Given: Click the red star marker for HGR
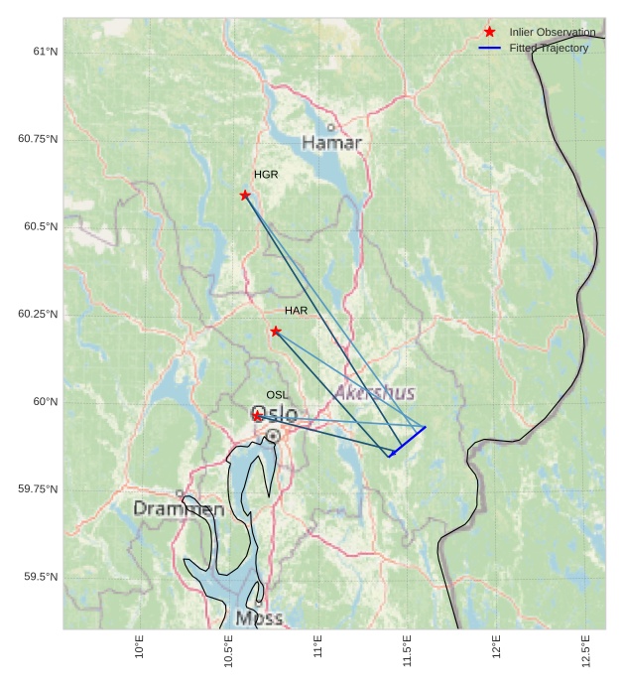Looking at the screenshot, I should tap(245, 195).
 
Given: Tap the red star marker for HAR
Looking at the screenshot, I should tap(276, 331).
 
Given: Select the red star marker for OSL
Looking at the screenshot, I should tap(258, 416).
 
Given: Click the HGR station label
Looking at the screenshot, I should tap(266, 175).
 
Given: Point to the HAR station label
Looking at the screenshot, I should tap(296, 311).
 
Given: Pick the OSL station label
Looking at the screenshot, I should tap(277, 395).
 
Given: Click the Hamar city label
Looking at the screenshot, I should tap(331, 143).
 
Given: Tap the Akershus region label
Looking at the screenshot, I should tap(375, 393).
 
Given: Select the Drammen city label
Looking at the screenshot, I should tap(179, 509).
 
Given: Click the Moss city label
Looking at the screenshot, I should tap(259, 618).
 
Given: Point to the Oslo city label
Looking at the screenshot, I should tap(274, 414).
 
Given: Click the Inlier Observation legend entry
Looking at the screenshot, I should tap(553, 33).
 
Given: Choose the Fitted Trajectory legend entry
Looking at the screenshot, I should tap(549, 48).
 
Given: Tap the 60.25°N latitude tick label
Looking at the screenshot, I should tap(38, 314).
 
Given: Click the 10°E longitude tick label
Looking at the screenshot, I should tap(140, 647).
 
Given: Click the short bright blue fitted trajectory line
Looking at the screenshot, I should tap(409, 440).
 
